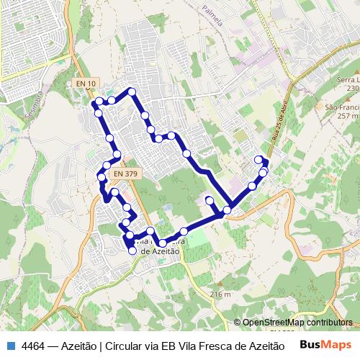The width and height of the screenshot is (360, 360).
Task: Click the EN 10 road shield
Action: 86,84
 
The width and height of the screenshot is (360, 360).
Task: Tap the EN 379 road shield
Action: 125,173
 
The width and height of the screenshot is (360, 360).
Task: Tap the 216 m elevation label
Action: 220,294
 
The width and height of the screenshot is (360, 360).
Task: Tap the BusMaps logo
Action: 325,344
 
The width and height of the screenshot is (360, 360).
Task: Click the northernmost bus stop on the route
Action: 132,91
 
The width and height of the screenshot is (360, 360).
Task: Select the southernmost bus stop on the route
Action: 132,251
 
